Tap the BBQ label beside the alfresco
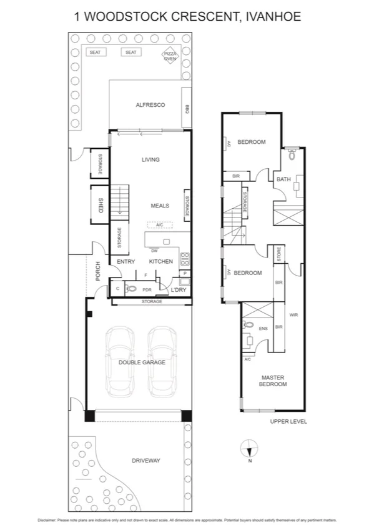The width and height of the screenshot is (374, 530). (187, 109)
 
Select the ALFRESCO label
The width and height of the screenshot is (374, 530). (150, 105)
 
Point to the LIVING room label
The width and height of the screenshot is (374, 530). (150, 160)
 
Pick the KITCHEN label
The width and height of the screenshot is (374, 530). (160, 261)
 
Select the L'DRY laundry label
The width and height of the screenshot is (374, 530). (179, 289)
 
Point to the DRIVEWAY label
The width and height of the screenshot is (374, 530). (146, 461)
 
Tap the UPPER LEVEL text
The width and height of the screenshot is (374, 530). (288, 421)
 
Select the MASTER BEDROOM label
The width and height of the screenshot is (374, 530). (273, 381)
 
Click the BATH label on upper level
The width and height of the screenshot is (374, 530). (283, 180)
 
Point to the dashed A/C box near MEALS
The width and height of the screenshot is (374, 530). (159, 225)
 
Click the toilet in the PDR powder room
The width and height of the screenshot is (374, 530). (131, 289)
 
